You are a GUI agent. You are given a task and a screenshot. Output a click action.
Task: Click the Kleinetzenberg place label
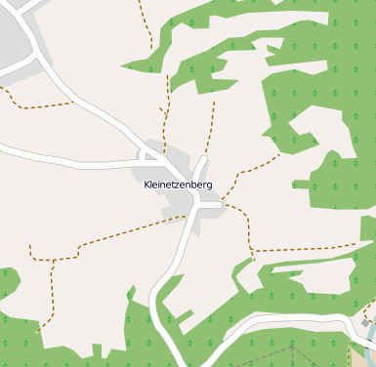178,183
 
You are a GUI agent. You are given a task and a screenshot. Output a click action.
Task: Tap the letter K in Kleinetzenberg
146,183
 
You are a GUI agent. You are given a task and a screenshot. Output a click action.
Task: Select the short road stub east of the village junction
215,205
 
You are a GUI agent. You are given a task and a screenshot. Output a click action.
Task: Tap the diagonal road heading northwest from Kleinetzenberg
98,112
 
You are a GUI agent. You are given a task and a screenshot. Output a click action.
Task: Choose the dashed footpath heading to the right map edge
313,248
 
